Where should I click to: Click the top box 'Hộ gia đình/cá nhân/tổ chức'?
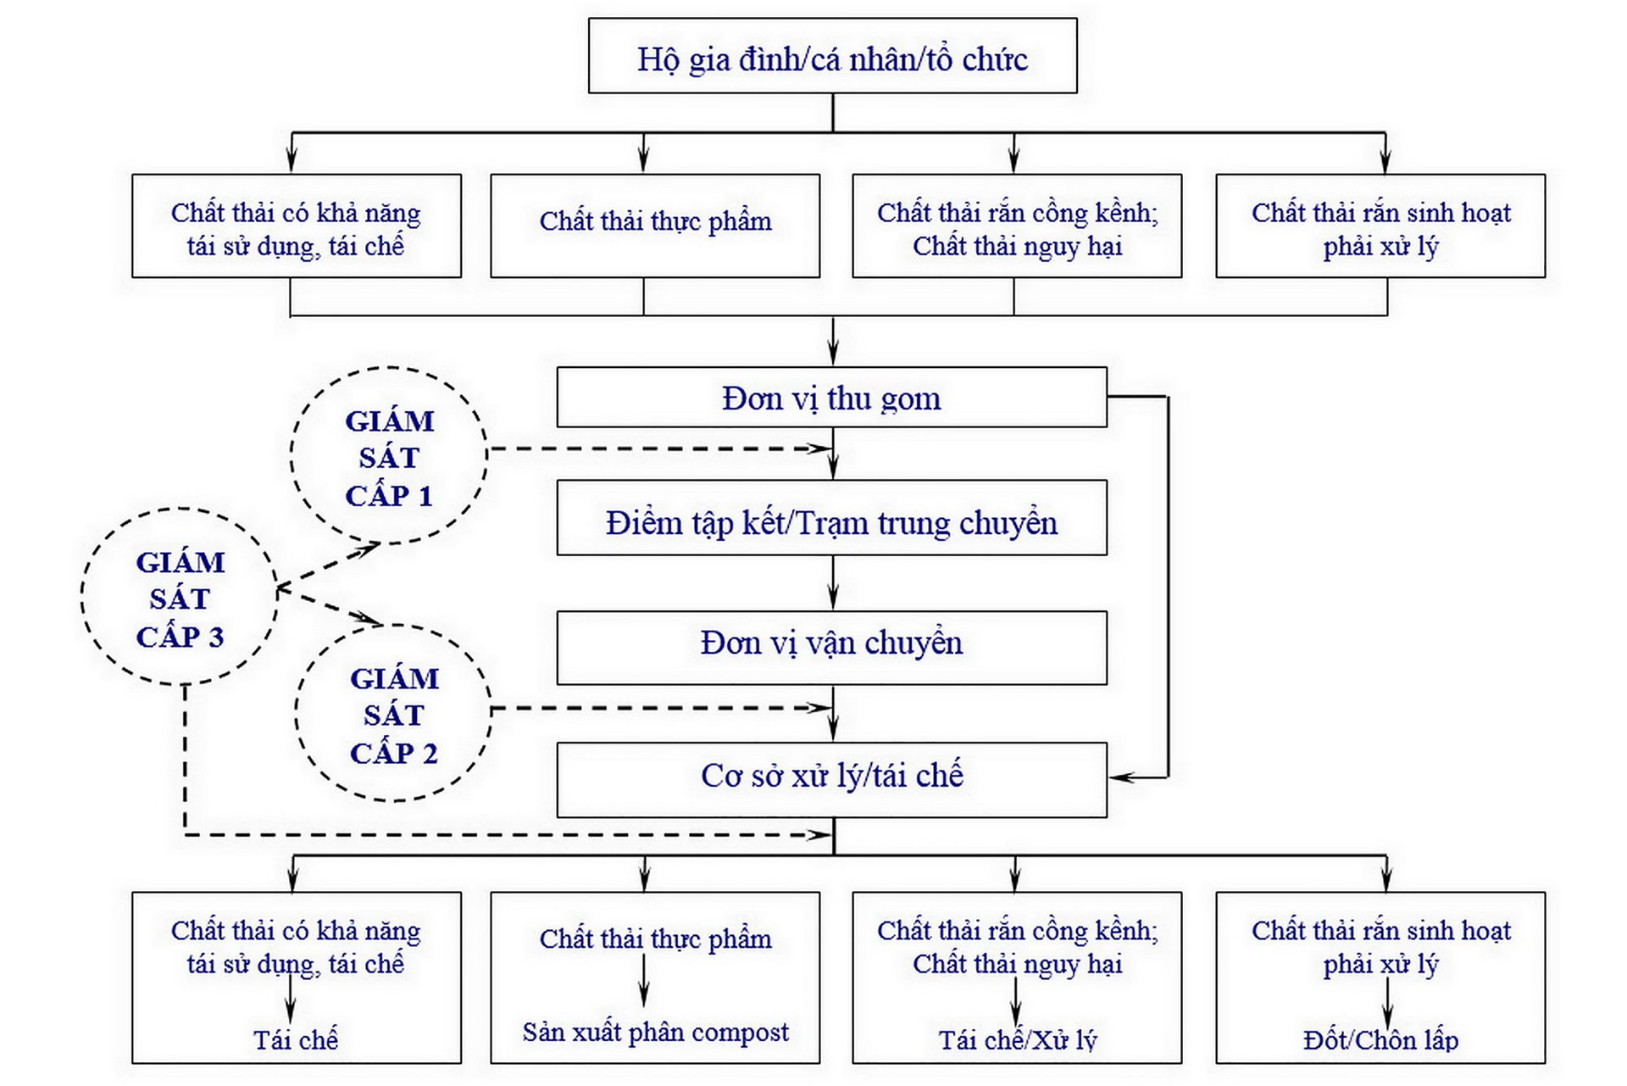[832, 57]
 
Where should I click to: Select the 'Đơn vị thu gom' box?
[831, 398]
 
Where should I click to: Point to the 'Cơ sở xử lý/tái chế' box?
[831, 778]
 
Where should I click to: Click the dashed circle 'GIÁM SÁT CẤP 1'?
[389, 456]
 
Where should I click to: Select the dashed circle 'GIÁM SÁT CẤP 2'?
[394, 714]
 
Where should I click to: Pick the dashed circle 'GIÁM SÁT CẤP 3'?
[180, 598]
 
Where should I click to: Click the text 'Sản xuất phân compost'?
[655, 1032]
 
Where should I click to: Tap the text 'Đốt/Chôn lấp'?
[1380, 1040]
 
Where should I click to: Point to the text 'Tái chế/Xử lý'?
[1017, 1040]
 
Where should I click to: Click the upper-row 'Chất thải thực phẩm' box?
[655, 226]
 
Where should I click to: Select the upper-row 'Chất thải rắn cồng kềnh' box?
[1017, 226]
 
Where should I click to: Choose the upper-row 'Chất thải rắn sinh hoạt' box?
[1380, 226]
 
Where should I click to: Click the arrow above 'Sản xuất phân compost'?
[644, 983]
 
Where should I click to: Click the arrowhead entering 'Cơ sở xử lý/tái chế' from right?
[1120, 777]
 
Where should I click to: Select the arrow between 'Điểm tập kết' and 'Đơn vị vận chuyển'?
[833, 583]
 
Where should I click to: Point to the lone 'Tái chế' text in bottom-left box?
[295, 1040]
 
